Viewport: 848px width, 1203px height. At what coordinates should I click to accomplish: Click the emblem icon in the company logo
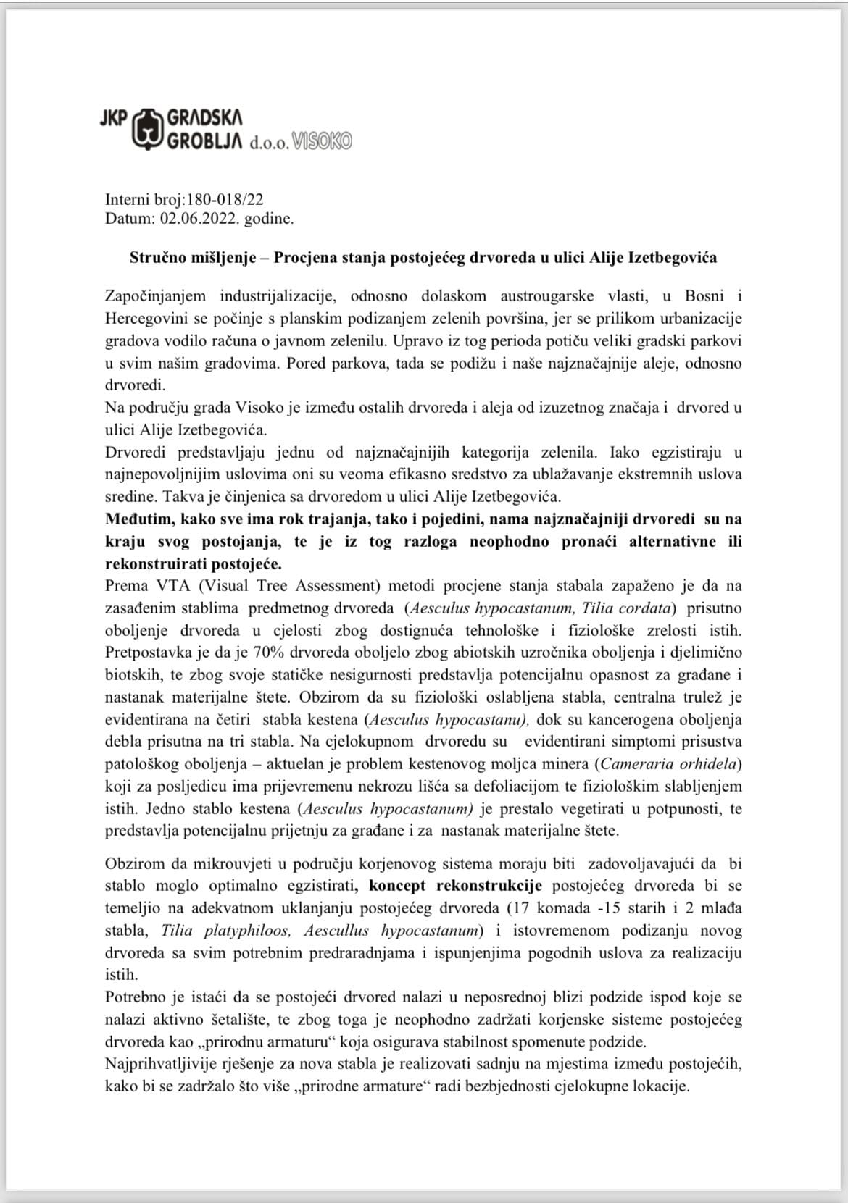pyautogui.click(x=147, y=128)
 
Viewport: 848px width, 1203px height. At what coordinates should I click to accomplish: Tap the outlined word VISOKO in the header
pyautogui.click(x=322, y=142)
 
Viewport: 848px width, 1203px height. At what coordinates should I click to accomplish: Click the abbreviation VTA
pyautogui.click(x=157, y=585)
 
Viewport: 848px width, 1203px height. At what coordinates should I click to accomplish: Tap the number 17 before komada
pyautogui.click(x=519, y=908)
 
